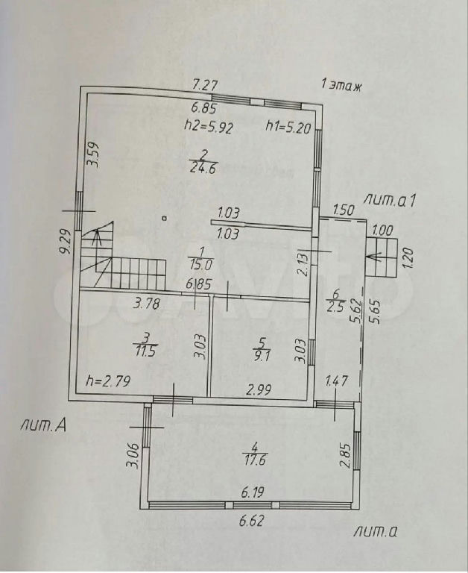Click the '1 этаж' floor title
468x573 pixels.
click(x=341, y=86)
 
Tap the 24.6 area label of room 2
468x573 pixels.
click(x=203, y=169)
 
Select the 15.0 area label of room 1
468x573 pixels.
click(x=200, y=264)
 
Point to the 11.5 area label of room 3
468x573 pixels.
click(x=145, y=351)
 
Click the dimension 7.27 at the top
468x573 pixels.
click(x=205, y=86)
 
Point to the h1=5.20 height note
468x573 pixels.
click(x=288, y=128)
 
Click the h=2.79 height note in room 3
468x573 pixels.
click(x=108, y=381)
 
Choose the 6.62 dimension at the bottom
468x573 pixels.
click(x=251, y=520)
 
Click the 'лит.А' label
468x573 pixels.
click(x=43, y=427)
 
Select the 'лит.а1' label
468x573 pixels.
click(x=390, y=201)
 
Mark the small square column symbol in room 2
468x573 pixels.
click(x=165, y=219)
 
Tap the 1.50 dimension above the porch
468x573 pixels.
click(x=344, y=210)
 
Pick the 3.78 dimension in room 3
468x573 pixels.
click(x=146, y=304)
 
